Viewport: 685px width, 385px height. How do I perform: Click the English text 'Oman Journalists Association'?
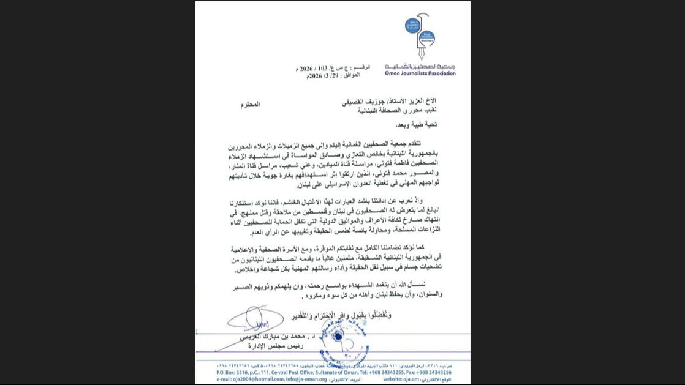tap(420, 73)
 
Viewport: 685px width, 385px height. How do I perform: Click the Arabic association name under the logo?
tap(420, 66)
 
